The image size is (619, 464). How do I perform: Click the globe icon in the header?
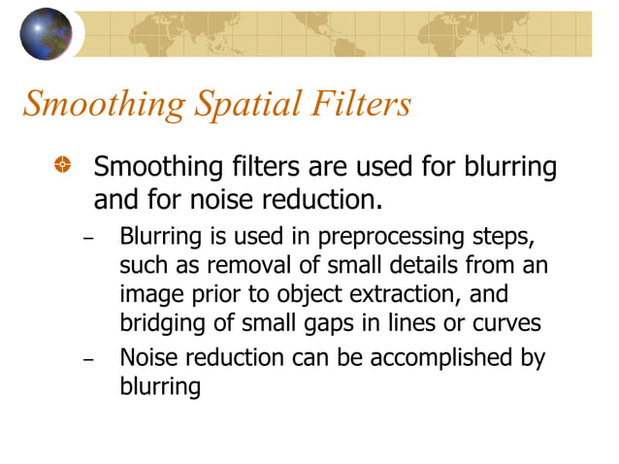(46, 33)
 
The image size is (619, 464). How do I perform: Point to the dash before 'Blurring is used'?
(90, 239)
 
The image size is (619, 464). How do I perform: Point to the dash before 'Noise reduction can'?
(90, 360)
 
